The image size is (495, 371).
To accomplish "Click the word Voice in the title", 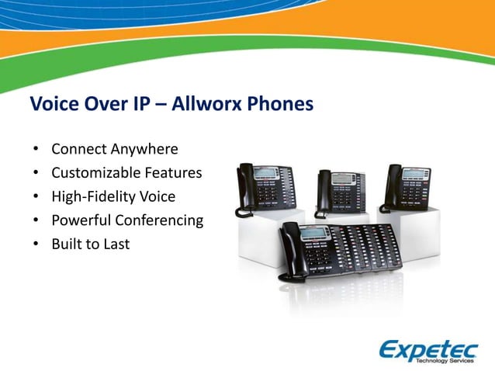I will click(53, 104).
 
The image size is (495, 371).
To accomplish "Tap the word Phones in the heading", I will click(283, 104).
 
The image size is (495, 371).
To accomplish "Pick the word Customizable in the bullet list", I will click(92, 173).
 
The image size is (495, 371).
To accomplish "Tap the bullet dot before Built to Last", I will click(35, 244).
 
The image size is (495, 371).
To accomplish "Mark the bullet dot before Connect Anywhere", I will click(35, 150).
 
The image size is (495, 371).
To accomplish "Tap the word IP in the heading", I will click(133, 104).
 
